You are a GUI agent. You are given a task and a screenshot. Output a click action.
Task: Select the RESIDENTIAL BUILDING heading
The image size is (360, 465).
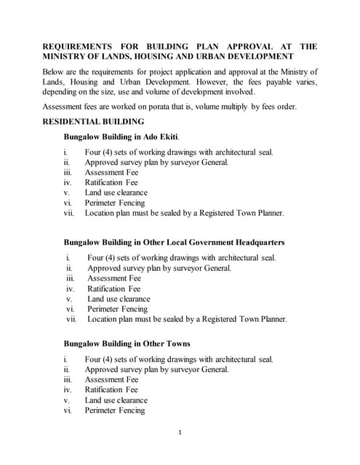(x=94, y=121)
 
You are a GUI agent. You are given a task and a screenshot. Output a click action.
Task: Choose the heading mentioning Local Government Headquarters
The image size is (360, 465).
(x=174, y=242)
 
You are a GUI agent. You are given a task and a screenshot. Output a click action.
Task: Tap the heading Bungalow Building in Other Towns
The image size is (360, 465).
(x=127, y=343)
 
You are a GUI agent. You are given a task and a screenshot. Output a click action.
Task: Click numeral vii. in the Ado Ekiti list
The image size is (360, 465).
(x=69, y=214)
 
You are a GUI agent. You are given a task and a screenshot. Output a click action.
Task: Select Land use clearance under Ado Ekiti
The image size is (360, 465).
(x=116, y=193)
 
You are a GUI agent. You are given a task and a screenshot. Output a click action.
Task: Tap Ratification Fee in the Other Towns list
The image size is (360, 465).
(x=111, y=389)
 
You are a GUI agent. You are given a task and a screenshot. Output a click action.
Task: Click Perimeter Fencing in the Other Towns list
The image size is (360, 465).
(x=115, y=411)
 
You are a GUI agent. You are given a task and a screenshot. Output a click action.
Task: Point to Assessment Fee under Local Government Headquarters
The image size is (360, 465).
(x=114, y=278)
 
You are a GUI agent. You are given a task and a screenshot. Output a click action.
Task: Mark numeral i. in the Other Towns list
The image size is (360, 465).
(x=65, y=359)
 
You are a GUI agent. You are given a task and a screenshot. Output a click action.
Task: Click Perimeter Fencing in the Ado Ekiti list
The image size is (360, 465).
(x=115, y=203)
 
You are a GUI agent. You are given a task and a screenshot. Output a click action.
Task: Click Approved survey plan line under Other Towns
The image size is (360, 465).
(x=156, y=369)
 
